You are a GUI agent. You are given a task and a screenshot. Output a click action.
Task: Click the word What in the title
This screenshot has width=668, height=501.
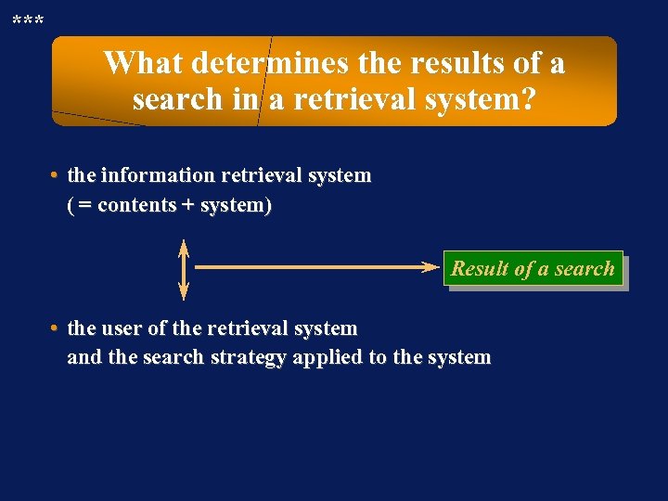click(x=139, y=63)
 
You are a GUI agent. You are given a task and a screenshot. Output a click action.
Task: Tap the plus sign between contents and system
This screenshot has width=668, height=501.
click(x=186, y=205)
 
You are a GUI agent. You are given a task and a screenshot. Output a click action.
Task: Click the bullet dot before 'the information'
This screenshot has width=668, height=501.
click(x=57, y=175)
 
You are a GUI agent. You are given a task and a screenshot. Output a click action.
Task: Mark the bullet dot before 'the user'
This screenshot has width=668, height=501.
click(x=57, y=328)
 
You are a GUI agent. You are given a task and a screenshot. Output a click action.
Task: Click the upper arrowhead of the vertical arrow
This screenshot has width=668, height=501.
click(x=184, y=247)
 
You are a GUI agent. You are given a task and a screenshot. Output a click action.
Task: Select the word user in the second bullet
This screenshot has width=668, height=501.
click(x=121, y=328)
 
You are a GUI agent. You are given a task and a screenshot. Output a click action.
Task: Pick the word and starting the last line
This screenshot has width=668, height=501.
click(x=84, y=357)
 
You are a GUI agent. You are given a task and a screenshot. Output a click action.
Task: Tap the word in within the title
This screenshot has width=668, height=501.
click(x=245, y=98)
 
